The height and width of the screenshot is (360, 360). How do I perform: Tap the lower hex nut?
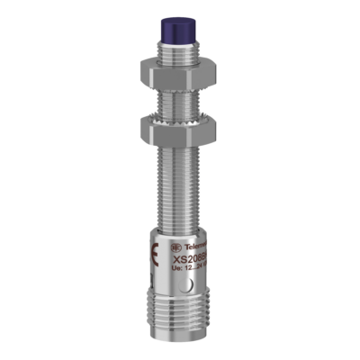(x=181, y=125)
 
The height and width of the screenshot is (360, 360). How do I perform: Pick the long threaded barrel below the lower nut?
(x=181, y=180)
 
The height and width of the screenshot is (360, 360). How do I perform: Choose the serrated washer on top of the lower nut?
(x=181, y=113)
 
